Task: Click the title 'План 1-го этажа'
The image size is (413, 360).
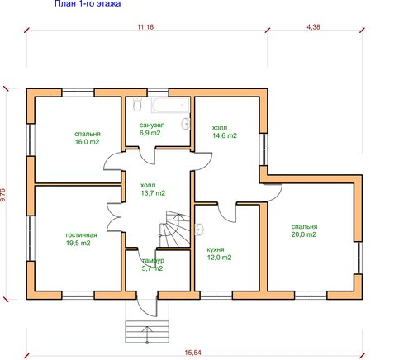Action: coord(88,3)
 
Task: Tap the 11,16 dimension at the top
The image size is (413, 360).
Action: coord(145,27)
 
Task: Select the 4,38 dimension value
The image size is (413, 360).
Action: coord(313,27)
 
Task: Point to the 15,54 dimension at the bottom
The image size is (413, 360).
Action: coord(192,353)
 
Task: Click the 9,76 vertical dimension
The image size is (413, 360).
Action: coord(3,195)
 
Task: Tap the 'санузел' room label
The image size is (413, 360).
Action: coord(152,125)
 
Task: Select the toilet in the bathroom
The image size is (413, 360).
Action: coord(137,104)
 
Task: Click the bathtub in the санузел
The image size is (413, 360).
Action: coord(170,105)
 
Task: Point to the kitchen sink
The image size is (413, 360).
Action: coord(199,230)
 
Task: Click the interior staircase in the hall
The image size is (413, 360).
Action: coord(174,229)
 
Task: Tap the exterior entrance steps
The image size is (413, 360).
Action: coord(147,332)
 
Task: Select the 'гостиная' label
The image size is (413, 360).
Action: coord(81,235)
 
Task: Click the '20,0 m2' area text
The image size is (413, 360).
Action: coord(304,234)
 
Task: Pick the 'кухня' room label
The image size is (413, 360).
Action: coord(216,249)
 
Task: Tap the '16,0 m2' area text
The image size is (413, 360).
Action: coord(87,142)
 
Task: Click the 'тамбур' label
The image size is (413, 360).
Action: coord(153,260)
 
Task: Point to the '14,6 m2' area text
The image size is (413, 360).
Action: coord(225,135)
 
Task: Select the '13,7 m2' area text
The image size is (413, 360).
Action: coord(153,193)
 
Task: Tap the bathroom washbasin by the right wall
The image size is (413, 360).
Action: coord(186,124)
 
